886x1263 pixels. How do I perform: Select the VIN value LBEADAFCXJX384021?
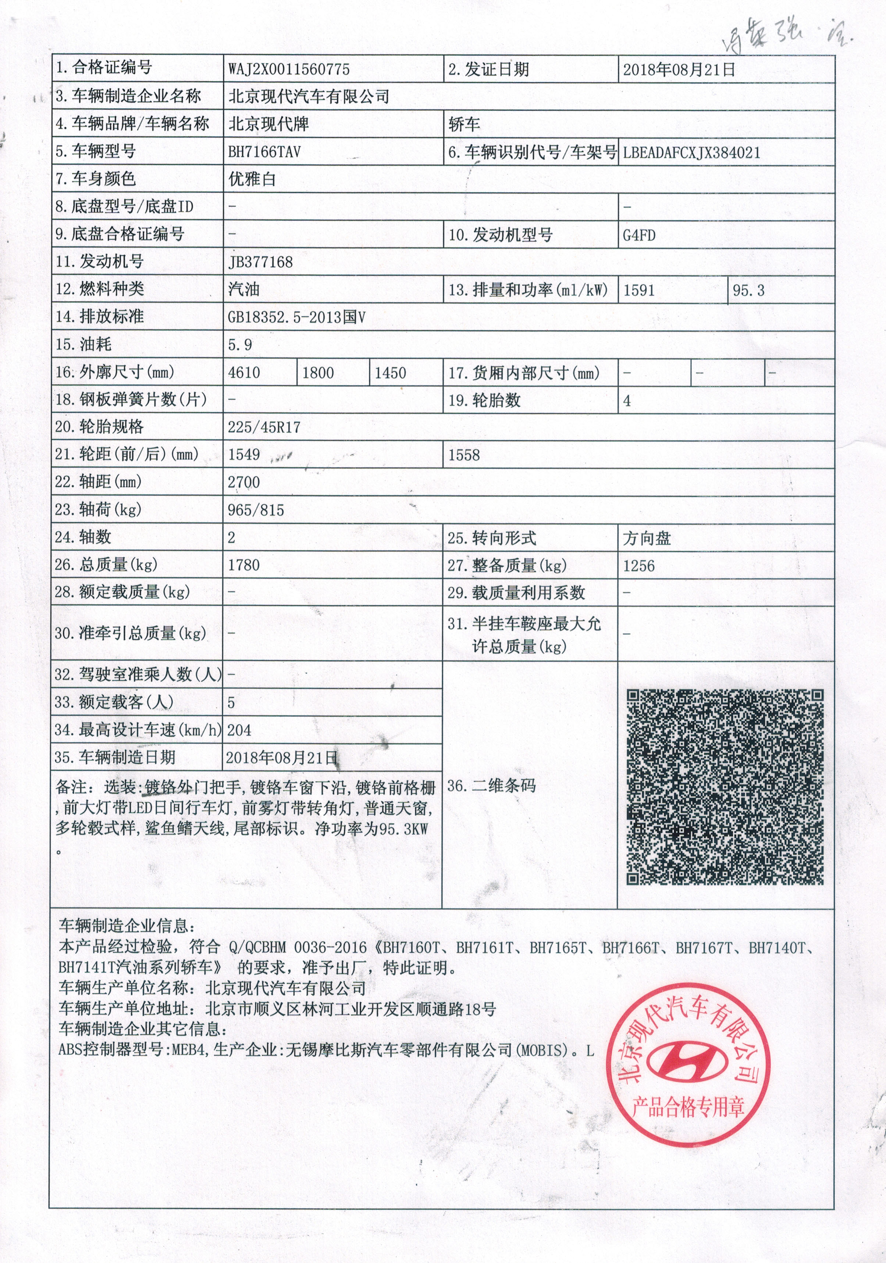coord(691,153)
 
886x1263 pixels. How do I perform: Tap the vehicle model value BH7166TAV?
coord(264,152)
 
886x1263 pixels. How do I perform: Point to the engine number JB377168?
coord(260,262)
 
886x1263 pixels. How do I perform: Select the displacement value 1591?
coord(638,290)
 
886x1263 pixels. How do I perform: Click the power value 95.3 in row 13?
coord(748,290)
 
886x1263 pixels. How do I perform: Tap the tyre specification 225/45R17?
coord(264,427)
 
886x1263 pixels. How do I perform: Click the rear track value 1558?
coord(463,455)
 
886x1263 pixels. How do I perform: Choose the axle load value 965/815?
coord(256,510)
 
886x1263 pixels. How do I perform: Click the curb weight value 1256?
coord(638,565)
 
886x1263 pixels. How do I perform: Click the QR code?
coord(725,787)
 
